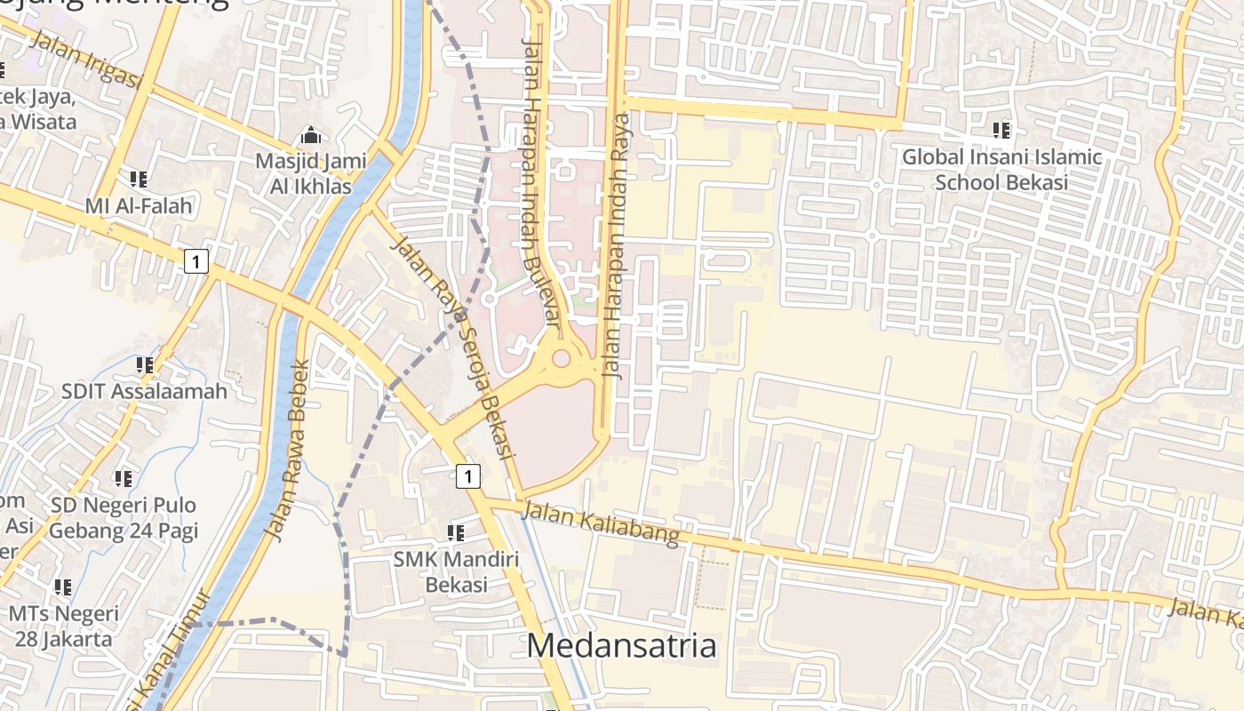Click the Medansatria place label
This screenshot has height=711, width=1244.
click(x=621, y=645)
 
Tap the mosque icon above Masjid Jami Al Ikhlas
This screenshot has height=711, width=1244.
click(x=310, y=136)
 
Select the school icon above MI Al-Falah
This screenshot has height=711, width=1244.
click(x=139, y=180)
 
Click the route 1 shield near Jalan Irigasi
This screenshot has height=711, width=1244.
click(x=196, y=261)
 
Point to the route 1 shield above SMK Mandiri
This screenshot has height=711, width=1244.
click(x=468, y=476)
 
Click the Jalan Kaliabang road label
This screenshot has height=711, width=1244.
click(x=601, y=523)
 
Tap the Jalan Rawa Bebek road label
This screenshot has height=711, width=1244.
click(x=288, y=451)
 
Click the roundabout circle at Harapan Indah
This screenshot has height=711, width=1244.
click(x=561, y=359)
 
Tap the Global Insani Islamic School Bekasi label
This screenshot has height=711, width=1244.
click(x=1001, y=170)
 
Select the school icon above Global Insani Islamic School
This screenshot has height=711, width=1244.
click(x=1001, y=131)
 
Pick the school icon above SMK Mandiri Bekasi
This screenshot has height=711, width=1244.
click(x=456, y=533)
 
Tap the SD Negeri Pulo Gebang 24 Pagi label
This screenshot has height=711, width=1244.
click(x=124, y=518)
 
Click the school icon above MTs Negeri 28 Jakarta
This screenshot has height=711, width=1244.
click(x=62, y=587)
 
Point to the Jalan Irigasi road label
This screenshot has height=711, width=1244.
click(x=86, y=60)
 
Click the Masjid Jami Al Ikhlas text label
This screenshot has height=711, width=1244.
click(x=303, y=174)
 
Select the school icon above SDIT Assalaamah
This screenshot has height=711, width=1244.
click(x=145, y=364)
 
